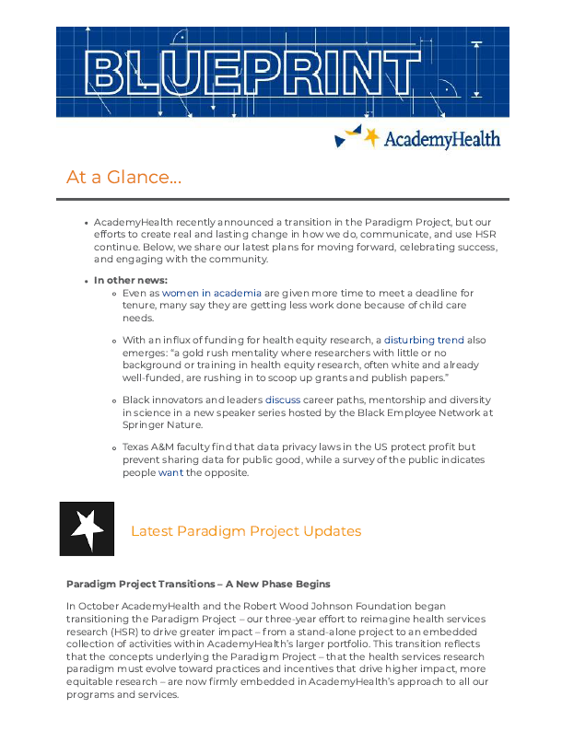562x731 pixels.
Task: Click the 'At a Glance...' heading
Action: pos(123,177)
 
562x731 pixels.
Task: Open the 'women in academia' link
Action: pos(212,293)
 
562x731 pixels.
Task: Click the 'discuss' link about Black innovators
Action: pos(283,400)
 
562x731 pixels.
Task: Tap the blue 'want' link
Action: pos(170,472)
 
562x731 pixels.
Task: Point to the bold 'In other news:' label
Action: pos(131,281)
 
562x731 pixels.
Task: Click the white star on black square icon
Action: pos(88,528)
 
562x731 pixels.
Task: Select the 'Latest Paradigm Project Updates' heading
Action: pos(245,531)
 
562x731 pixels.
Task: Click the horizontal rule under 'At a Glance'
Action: pos(282,199)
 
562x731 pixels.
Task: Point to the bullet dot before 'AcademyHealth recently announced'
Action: pos(85,224)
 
